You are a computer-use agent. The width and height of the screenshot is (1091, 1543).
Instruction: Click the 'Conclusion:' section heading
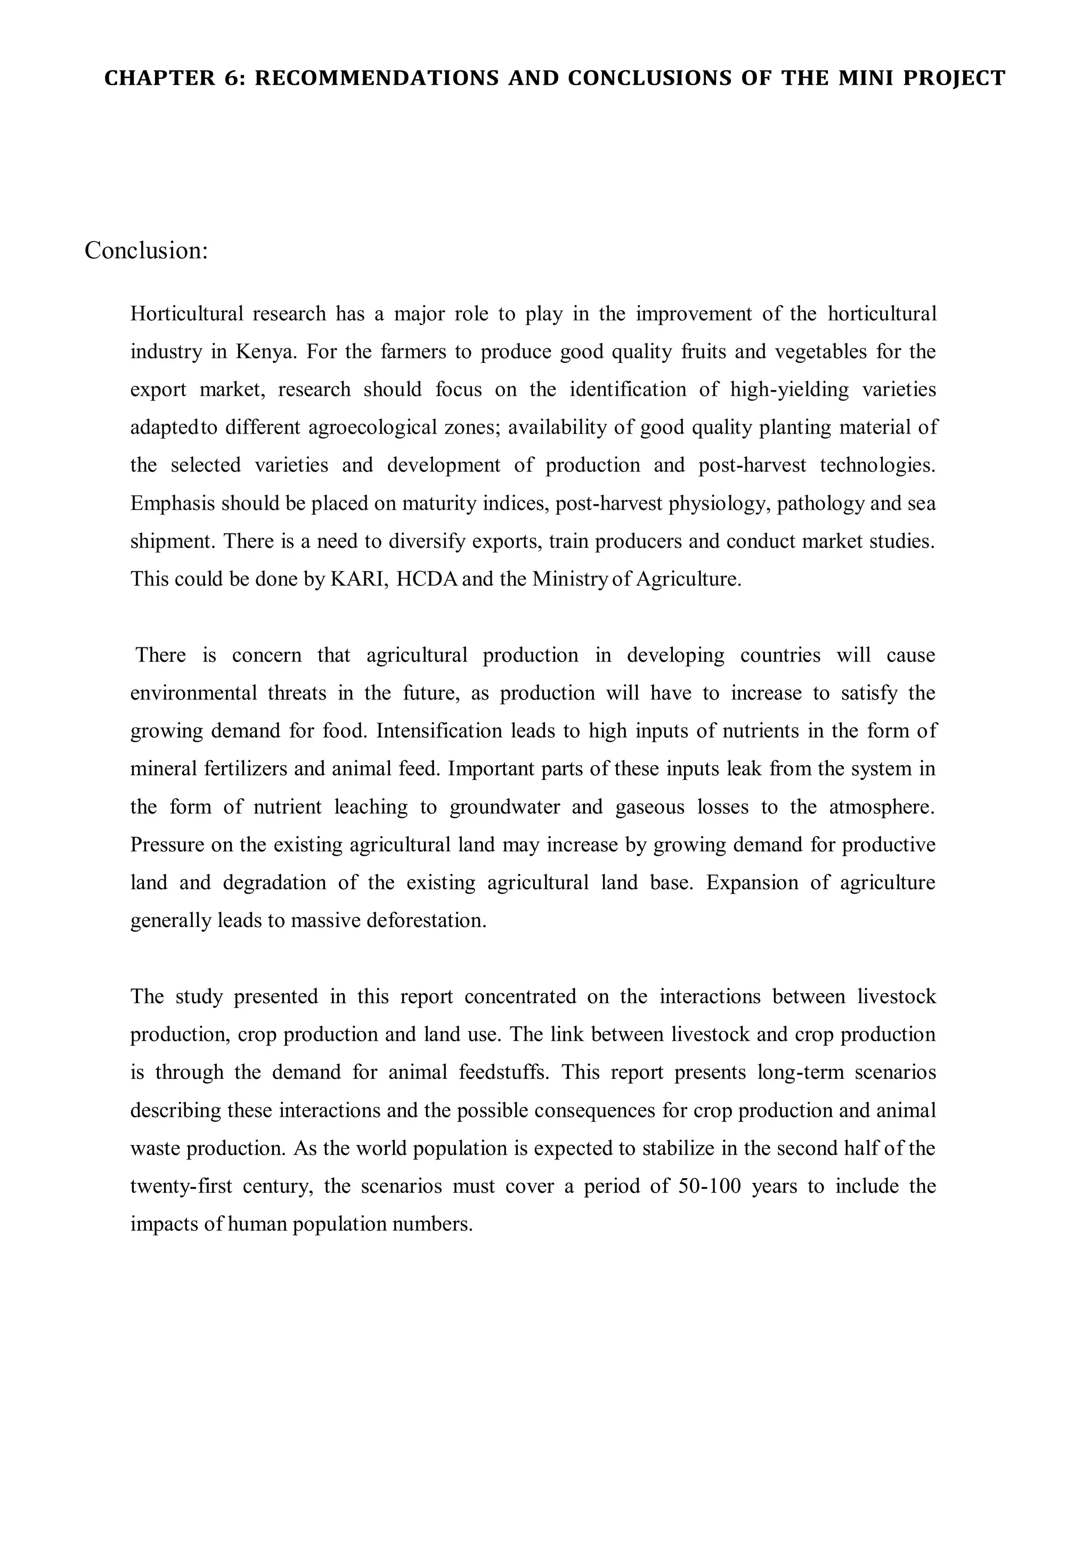tap(146, 250)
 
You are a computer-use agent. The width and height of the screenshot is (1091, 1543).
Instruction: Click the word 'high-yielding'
tap(789, 390)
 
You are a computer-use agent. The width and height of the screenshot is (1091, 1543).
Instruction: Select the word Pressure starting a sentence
tap(167, 844)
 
